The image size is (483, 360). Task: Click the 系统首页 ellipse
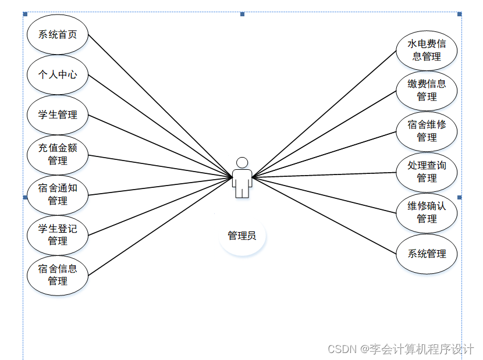58,34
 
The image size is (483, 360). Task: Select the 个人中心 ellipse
58,74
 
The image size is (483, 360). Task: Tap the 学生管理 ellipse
58,115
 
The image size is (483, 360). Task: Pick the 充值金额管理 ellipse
58,154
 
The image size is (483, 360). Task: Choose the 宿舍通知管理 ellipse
58,194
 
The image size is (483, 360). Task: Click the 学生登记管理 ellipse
58,234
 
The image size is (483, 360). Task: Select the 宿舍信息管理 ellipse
58,275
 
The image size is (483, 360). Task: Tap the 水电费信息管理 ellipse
427,51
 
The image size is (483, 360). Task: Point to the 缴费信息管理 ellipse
427,91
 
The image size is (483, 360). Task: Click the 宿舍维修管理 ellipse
427,131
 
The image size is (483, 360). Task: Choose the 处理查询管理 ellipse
427,172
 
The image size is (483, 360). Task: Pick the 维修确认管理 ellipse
427,213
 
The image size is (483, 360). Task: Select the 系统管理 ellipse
427,254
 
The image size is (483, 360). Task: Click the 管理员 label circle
242,236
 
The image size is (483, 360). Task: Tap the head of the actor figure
242,162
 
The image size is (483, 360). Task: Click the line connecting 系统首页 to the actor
160,105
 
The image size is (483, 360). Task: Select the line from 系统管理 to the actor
326,215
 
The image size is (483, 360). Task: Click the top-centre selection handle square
242,14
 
